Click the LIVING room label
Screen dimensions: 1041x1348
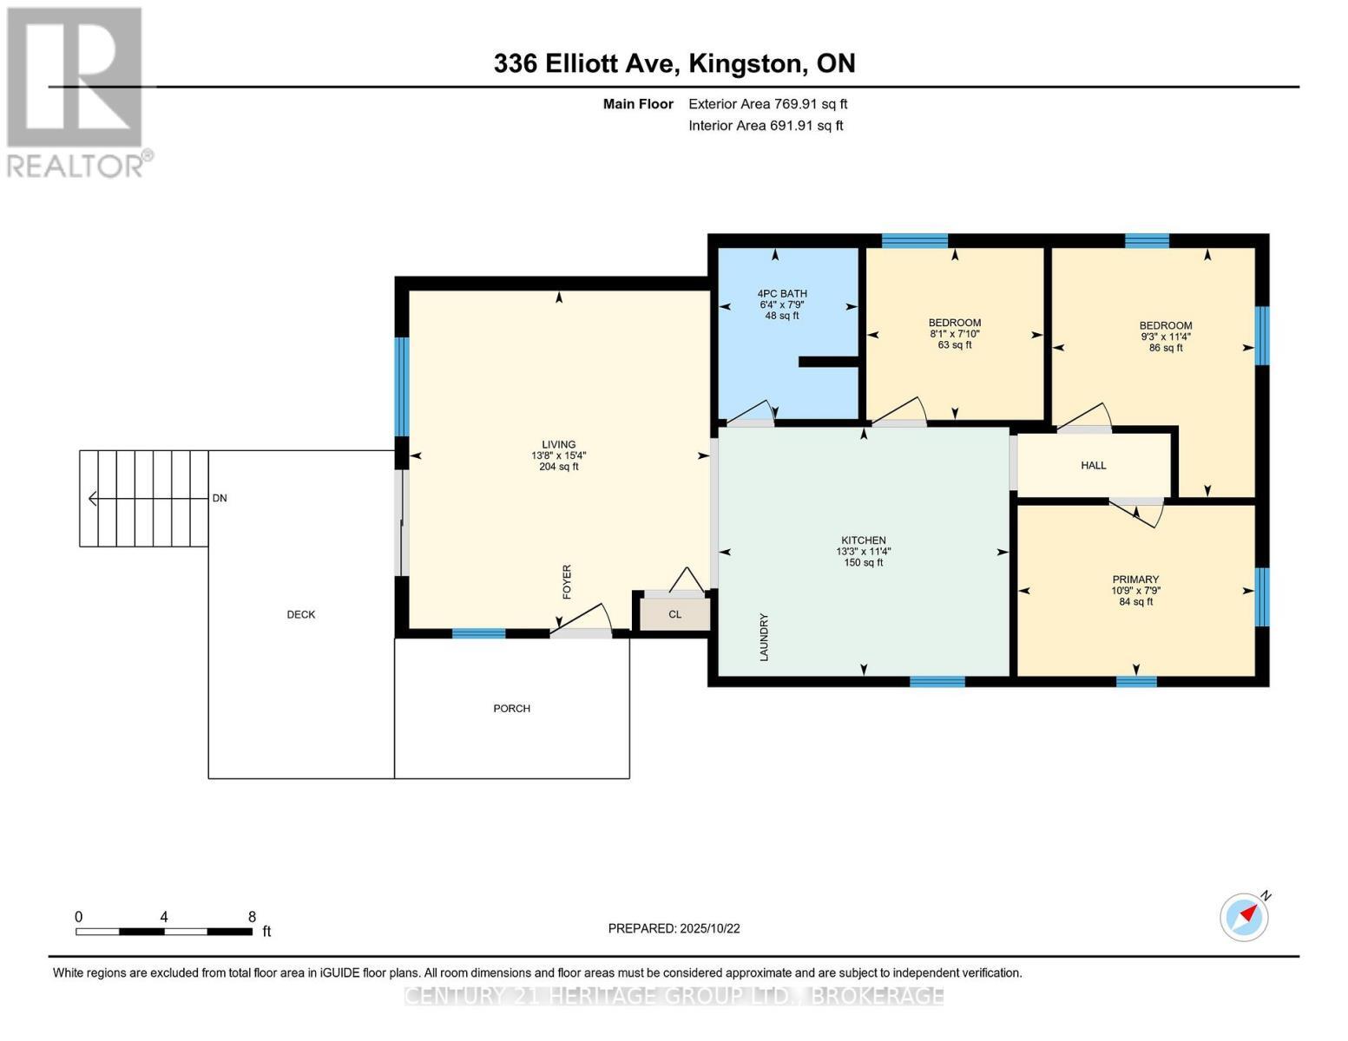[558, 444]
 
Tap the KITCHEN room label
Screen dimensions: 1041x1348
[863, 540]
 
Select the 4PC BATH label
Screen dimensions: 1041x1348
[782, 293]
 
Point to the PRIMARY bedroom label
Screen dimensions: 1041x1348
[1135, 579]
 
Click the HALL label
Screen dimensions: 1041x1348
[1093, 466]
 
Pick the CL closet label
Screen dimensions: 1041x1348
[674, 614]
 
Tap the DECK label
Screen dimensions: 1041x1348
[301, 614]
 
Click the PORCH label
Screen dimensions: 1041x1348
[511, 709]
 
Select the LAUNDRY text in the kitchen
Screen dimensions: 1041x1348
[765, 638]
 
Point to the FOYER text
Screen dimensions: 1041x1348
[567, 582]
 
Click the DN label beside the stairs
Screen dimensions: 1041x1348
[220, 498]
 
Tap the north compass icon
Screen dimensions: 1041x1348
[1245, 916]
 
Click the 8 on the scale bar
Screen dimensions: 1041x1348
[252, 917]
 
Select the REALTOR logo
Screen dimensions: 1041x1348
[76, 91]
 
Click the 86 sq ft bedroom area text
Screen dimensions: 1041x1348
[1166, 348]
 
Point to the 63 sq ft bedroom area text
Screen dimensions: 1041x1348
[955, 345]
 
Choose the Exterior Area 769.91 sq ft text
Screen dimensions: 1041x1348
[767, 104]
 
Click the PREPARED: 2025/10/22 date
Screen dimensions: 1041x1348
[674, 928]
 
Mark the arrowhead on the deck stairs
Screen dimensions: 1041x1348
[92, 498]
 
